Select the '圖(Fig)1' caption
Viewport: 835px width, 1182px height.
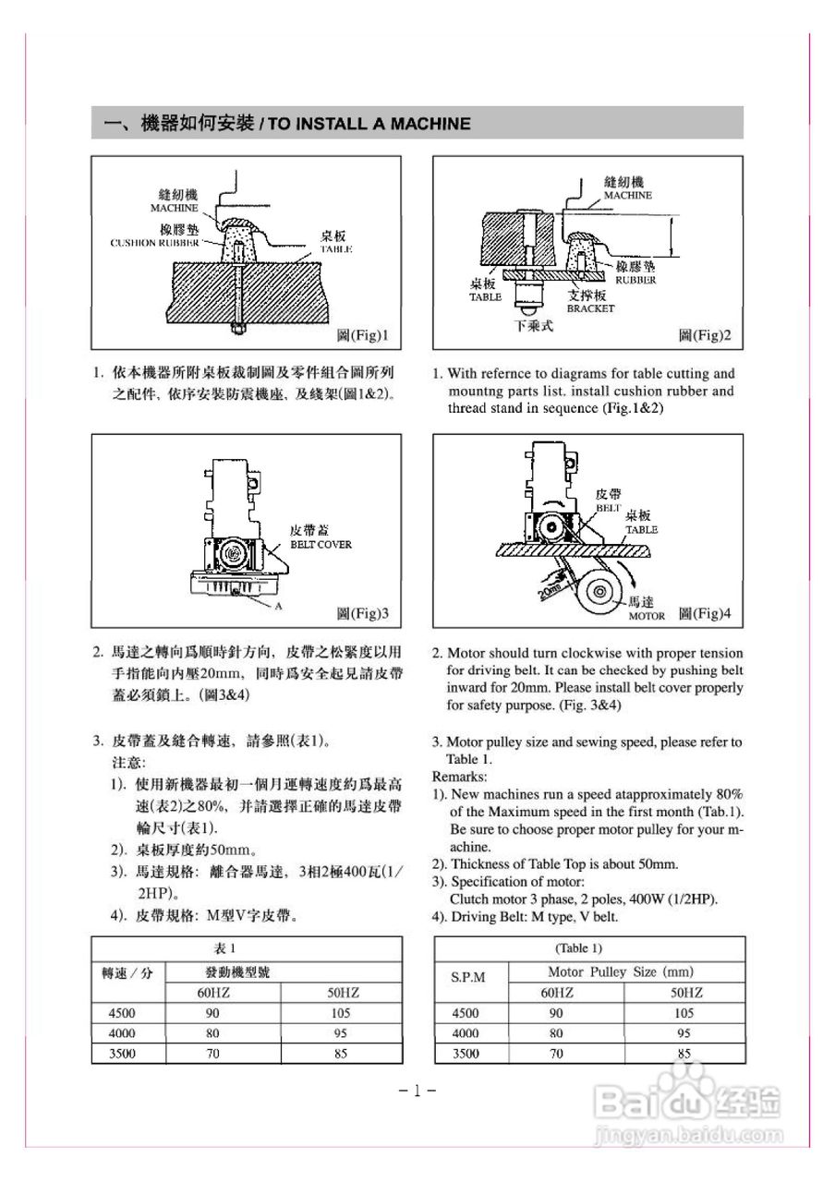click(x=361, y=334)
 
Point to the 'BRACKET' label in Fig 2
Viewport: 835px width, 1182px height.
click(x=590, y=308)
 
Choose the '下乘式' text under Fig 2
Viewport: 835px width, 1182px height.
click(x=533, y=326)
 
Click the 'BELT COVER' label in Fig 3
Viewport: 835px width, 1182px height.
click(x=321, y=545)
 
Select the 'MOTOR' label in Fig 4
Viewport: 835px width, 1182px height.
click(x=647, y=615)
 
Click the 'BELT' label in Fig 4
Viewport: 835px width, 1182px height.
click(x=608, y=508)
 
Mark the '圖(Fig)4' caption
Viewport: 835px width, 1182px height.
click(x=705, y=613)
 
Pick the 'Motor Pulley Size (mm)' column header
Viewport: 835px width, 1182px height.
click(x=620, y=971)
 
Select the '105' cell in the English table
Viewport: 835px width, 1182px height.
click(x=684, y=1012)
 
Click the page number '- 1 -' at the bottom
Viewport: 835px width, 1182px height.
click(x=417, y=1091)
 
